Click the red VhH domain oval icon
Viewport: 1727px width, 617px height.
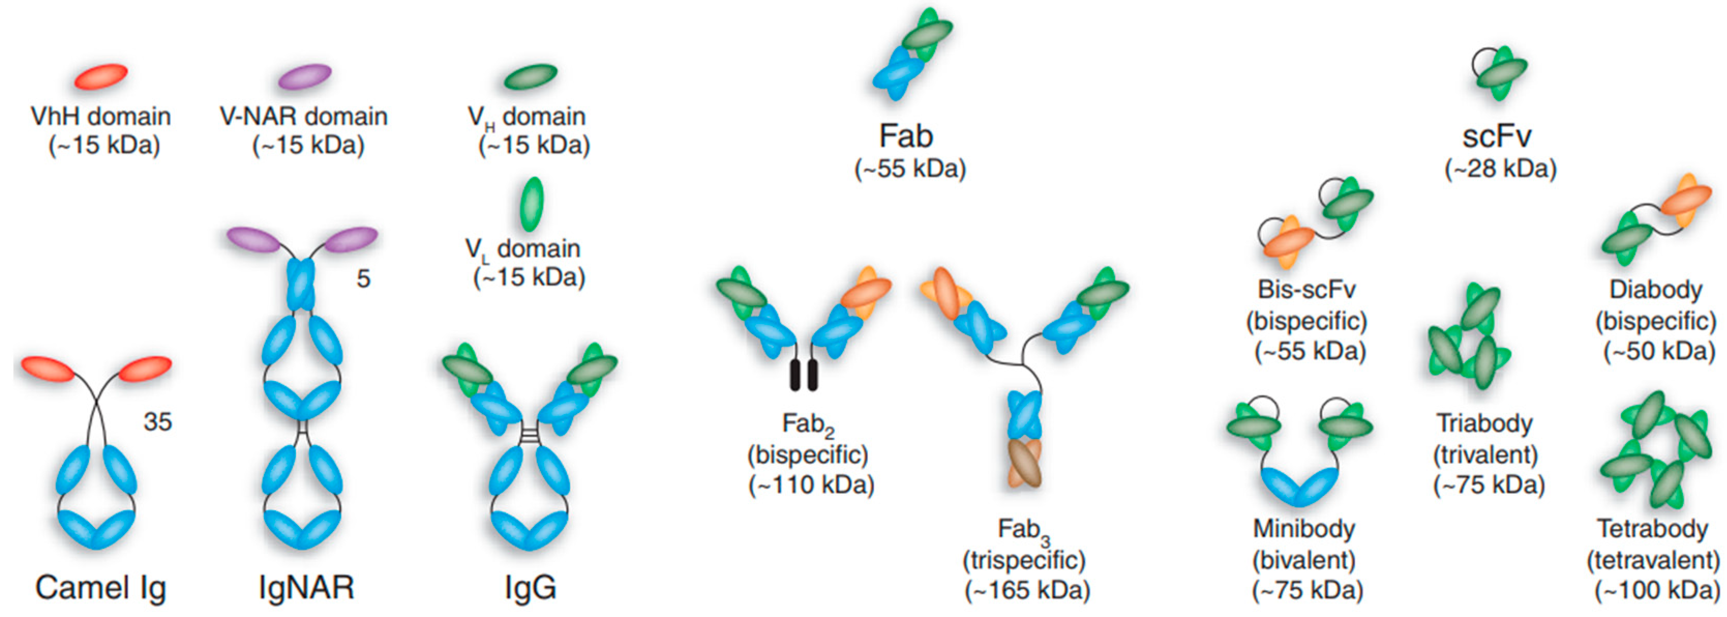[x=100, y=77]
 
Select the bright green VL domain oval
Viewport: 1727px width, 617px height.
[x=532, y=203]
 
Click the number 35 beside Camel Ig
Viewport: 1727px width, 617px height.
[x=158, y=422]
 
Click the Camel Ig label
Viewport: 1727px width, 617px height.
[x=100, y=588]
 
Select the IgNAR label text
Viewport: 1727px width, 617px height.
[x=306, y=588]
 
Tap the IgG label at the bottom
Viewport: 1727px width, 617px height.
[x=530, y=588]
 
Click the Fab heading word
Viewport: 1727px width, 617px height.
[x=906, y=136]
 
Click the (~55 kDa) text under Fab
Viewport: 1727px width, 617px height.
[x=910, y=168]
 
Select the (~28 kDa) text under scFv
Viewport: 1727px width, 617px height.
[x=1500, y=168]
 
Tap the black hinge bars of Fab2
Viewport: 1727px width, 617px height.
[x=804, y=375]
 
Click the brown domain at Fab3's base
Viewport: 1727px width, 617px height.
[x=1025, y=463]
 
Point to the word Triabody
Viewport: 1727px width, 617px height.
[x=1485, y=423]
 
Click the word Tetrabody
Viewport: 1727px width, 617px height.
[x=1653, y=528]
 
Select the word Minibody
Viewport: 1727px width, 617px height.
[x=1304, y=528]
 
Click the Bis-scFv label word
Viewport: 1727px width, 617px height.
[x=1306, y=290]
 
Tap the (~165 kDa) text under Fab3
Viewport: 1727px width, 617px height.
[x=1027, y=590]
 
